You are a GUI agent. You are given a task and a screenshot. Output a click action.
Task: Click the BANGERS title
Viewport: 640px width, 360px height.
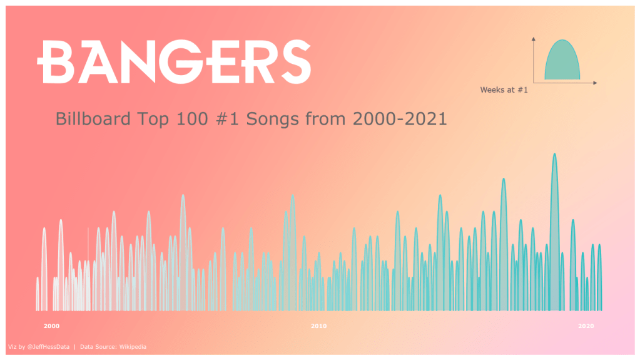175,62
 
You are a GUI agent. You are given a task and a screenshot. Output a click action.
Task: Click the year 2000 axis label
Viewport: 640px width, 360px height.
51,326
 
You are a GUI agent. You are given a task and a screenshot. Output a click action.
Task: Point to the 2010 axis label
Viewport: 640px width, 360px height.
319,326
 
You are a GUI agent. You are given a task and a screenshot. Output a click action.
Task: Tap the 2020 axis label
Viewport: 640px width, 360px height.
586,326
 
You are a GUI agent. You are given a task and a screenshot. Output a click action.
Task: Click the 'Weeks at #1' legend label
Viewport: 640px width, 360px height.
504,90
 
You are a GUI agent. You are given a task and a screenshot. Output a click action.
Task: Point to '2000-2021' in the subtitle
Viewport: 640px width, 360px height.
400,119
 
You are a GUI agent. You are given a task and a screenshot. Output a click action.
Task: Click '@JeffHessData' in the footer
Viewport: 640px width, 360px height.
48,347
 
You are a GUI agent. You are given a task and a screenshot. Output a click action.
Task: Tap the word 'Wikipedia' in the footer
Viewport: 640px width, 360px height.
133,347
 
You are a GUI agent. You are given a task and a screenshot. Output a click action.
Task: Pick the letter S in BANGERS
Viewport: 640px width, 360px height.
296,62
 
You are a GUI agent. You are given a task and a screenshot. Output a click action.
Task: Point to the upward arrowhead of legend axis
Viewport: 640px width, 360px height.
534,39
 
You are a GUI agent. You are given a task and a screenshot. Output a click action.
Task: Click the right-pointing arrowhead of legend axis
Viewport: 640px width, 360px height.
595,83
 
